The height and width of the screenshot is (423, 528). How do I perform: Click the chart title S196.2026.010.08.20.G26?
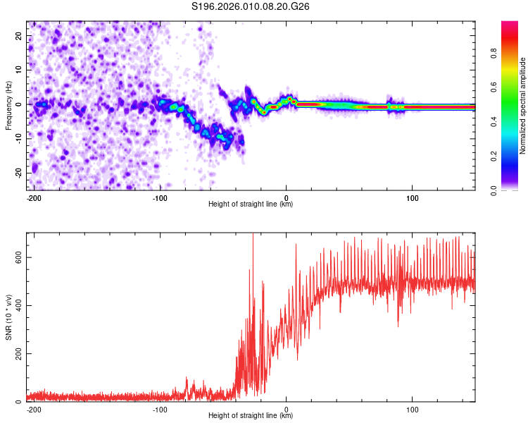[x=251, y=7]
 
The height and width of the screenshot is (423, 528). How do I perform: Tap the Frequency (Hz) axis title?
[x=8, y=104]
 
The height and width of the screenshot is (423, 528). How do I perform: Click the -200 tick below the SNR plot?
[x=32, y=409]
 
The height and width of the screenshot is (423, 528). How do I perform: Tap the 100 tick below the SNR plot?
[x=412, y=409]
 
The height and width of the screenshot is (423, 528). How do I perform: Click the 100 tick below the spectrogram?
[x=412, y=197]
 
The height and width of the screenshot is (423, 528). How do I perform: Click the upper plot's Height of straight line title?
[x=251, y=204]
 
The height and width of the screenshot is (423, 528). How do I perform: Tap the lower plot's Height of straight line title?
[x=251, y=416]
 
